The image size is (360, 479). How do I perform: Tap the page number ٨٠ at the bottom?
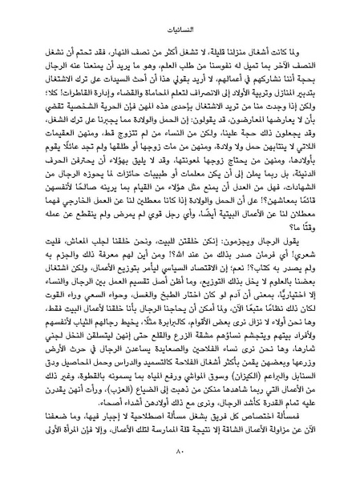click(180, 457)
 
